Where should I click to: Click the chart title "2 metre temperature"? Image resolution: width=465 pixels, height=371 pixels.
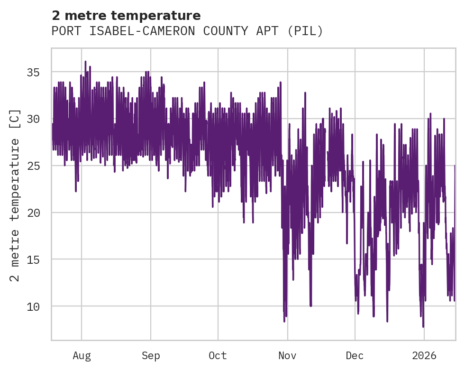coord(126,16)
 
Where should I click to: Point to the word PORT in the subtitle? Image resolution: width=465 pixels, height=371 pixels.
coord(64,31)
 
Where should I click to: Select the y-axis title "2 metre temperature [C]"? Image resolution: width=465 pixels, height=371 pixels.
coord(16,195)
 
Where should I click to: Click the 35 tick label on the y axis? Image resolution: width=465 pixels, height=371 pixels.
coord(33,73)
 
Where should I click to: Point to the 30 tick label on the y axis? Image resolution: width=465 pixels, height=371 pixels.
coord(33,119)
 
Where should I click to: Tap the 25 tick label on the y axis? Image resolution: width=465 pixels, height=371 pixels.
coord(33,166)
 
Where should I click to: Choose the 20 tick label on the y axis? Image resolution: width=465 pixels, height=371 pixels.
coord(33,213)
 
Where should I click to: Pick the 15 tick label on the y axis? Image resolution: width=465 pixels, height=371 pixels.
coord(33,260)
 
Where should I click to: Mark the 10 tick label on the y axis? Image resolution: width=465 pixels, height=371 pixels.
coord(33,306)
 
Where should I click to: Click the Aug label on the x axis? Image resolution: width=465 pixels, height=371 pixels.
coord(82,356)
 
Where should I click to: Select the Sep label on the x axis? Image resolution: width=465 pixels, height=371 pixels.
coord(151,356)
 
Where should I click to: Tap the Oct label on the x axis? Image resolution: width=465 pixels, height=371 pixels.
coord(218,356)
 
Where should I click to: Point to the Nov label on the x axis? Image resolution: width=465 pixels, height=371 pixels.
coord(287,356)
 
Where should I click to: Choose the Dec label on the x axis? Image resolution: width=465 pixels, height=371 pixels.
coord(355,356)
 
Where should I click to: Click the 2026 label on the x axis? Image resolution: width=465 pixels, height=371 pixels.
coord(424,356)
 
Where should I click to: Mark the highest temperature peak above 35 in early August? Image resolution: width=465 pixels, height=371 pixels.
coord(85,62)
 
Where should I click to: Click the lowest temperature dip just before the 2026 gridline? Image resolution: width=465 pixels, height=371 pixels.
coord(423,326)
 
